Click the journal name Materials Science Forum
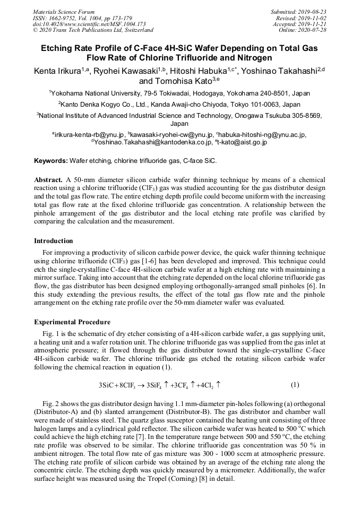(x=64, y=11)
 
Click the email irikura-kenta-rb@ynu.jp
(x=88, y=134)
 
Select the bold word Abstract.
(x=49, y=179)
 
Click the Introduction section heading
(x=54, y=240)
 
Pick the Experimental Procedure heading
(x=72, y=322)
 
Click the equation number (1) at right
(x=295, y=384)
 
